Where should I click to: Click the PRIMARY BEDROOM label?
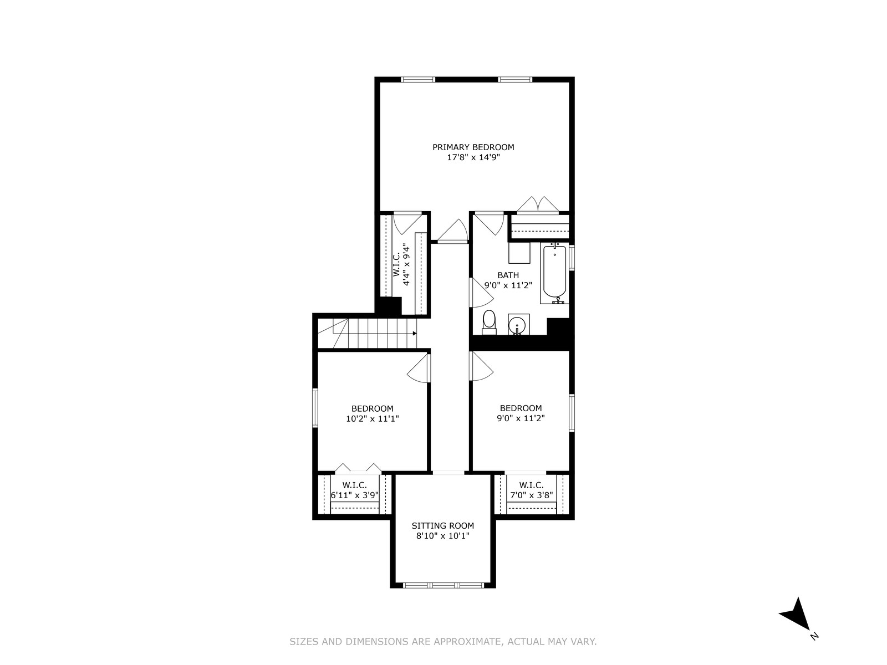[473, 147]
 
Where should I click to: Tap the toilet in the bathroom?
[489, 322]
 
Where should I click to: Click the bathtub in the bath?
[554, 273]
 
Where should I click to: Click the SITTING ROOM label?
[442, 526]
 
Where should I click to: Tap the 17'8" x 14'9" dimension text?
[473, 157]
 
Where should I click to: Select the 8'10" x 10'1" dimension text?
[442, 536]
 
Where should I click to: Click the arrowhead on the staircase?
[414, 333]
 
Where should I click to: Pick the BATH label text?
[508, 275]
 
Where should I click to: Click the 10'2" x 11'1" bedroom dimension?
[372, 419]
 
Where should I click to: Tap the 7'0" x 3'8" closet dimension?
[531, 495]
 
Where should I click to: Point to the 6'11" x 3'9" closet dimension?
[355, 495]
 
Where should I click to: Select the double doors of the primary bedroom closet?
[538, 204]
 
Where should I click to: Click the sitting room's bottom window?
[443, 585]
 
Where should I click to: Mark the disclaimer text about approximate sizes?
[443, 641]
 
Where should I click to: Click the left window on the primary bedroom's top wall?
[418, 79]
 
